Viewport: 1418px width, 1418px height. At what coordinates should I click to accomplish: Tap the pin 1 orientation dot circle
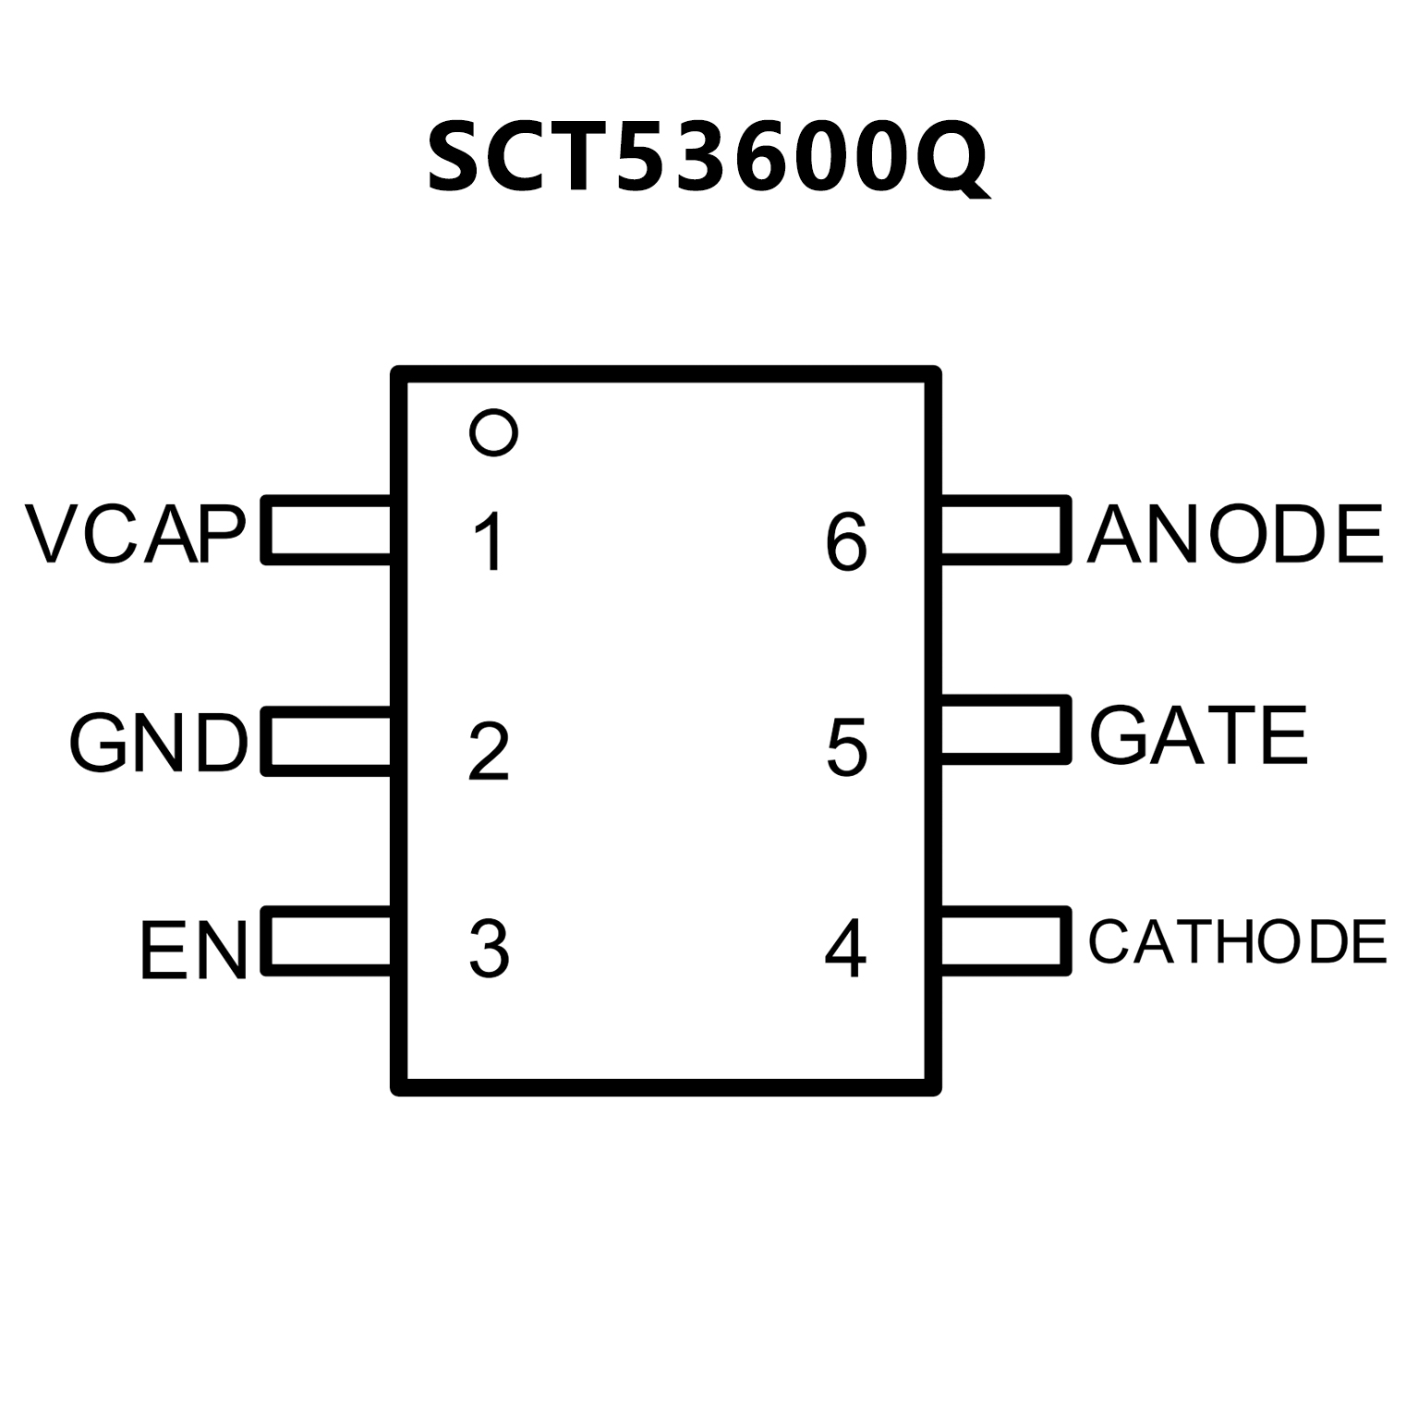(x=493, y=431)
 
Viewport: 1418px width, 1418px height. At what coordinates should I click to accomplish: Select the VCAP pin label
(x=137, y=534)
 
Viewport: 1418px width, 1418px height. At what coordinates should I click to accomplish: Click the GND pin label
(x=159, y=742)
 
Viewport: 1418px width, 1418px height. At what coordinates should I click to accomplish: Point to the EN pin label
(x=194, y=950)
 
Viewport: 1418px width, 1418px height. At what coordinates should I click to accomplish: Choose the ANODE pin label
(x=1235, y=534)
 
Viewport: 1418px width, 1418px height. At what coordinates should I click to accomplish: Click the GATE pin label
(x=1199, y=735)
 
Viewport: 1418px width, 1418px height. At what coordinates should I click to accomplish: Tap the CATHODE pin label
(x=1237, y=941)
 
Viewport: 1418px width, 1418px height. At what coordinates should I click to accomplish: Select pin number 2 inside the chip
(x=489, y=751)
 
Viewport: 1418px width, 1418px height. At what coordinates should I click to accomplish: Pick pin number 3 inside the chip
(x=489, y=949)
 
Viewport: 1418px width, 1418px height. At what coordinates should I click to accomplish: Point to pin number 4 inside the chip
(x=845, y=949)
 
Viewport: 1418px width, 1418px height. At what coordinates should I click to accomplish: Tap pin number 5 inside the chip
(x=846, y=745)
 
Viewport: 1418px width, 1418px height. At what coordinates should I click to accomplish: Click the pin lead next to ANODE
(x=1004, y=530)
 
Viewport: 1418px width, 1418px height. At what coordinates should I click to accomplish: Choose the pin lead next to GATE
(x=1004, y=730)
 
